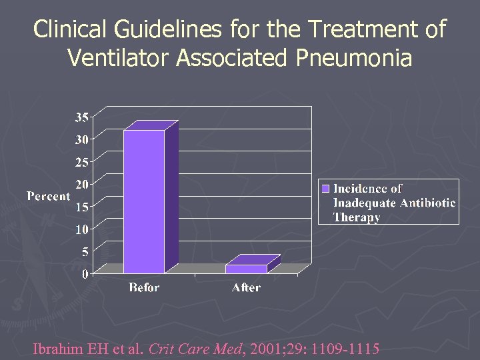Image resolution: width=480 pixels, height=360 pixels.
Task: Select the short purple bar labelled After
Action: point(245,269)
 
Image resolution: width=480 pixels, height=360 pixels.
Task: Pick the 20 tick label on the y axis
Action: point(82,184)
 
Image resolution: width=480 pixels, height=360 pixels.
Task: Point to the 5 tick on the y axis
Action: point(85,252)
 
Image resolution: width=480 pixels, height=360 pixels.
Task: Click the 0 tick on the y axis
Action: point(85,274)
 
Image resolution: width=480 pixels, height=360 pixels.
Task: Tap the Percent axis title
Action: point(48,196)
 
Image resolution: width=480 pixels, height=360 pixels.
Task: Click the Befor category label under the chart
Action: point(144,288)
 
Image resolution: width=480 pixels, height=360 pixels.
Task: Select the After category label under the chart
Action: point(246,288)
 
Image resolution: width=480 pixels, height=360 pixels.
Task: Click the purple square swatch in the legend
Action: point(326,188)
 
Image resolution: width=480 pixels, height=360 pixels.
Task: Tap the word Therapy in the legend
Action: point(356,217)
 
